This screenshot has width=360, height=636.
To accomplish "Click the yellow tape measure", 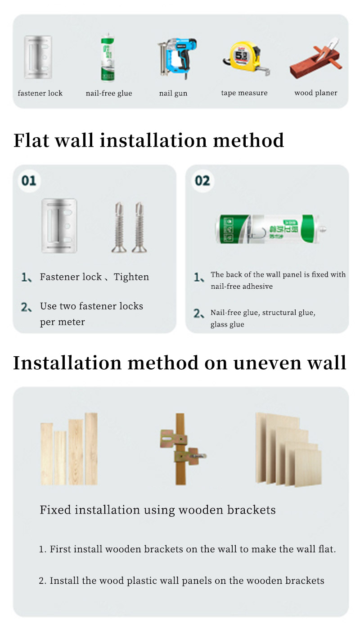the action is coord(246,58).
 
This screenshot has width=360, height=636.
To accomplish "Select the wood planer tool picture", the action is coord(315,58).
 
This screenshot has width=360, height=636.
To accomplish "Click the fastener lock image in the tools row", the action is coord(38,57).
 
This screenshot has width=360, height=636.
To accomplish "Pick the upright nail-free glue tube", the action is coord(108,58).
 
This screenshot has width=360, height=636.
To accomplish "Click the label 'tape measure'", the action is coord(244,93).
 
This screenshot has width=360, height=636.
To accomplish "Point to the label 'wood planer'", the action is coord(315,93).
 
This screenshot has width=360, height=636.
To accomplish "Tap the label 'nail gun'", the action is coord(173,94).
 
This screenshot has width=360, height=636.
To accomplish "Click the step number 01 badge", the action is coord(29,180).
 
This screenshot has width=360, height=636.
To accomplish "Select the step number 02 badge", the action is coord(202,180).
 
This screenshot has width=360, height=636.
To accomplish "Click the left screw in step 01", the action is coord(119,227).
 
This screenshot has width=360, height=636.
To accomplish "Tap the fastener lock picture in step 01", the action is coord(59,226).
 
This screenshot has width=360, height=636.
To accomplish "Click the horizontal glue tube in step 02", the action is coord(270,229).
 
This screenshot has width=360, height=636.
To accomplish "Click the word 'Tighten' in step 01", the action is coord(131,277).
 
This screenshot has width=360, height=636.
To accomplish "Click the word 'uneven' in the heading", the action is coord(267,363).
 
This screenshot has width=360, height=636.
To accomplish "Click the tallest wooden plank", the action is coord(91,448).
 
